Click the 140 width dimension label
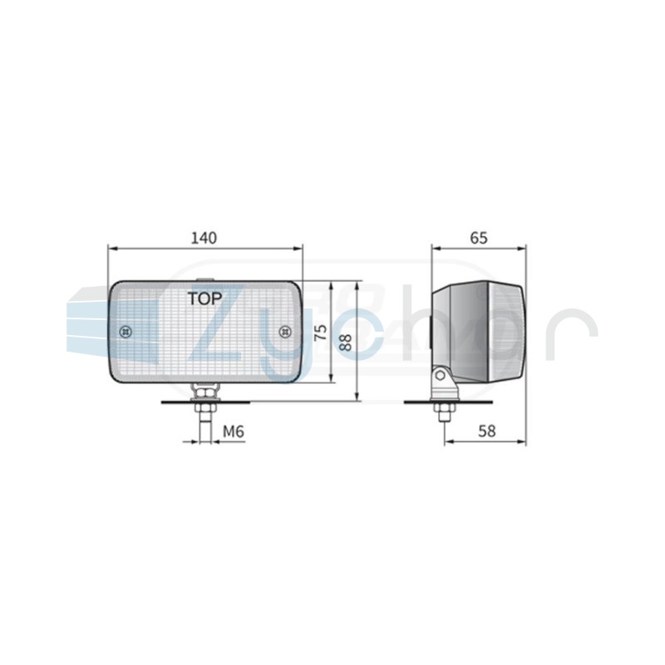coord(204,238)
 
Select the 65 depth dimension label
coord(479,238)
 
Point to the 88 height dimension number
coord(346,342)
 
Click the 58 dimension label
coord(486,431)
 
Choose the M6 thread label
coord(234,431)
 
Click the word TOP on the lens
coord(204,298)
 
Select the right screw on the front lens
coord(285,331)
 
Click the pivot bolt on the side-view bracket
coord(441,376)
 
